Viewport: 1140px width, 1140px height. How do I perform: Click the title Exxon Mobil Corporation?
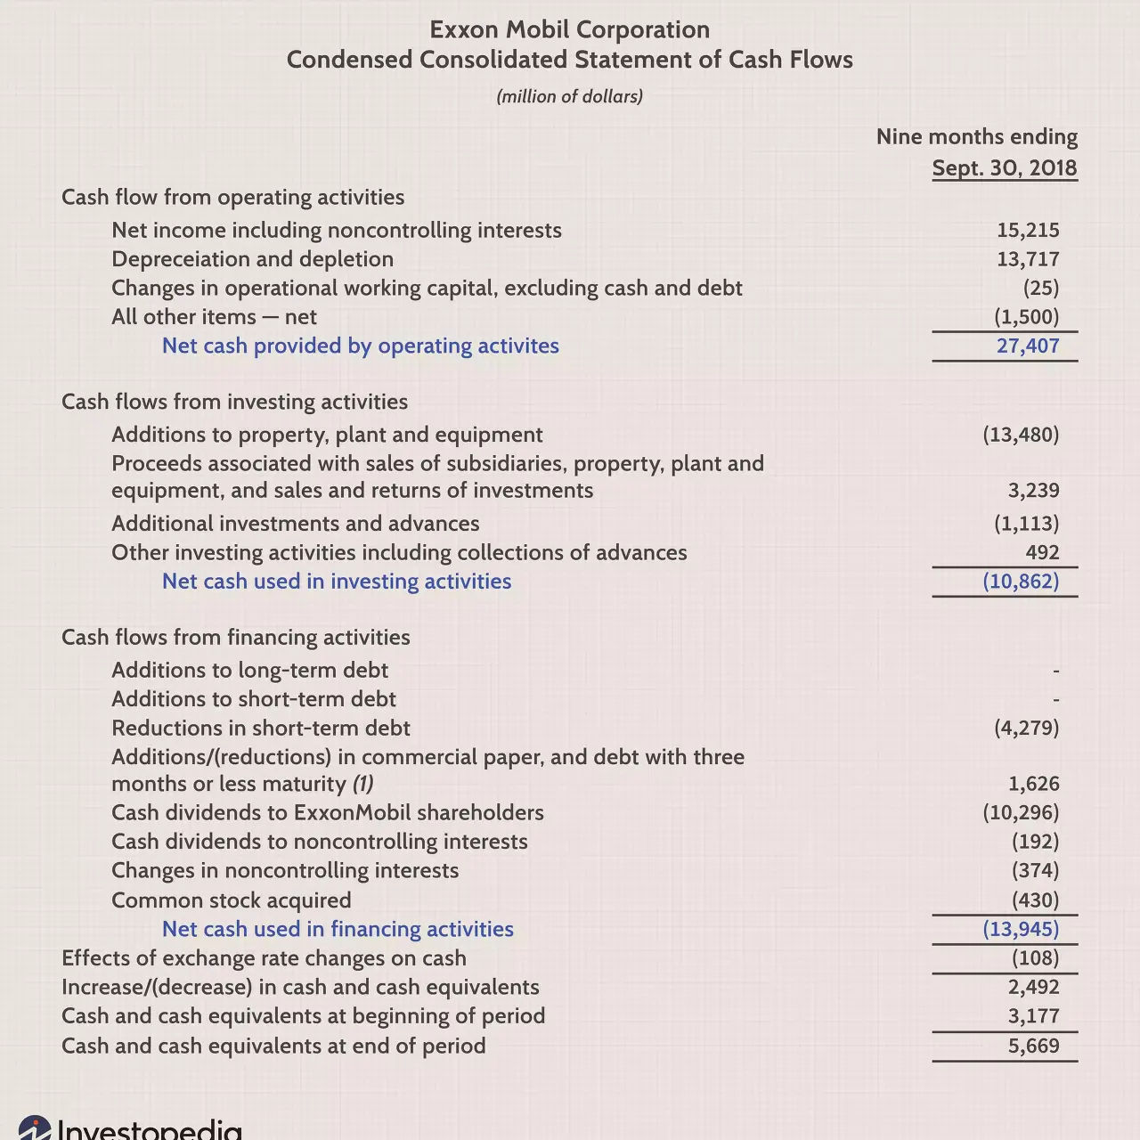[x=569, y=29]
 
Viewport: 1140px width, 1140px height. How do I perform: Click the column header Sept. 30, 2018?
[x=1005, y=167]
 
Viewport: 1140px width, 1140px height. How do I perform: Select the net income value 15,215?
[x=1028, y=230]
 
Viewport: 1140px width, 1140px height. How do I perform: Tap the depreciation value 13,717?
[x=1028, y=259]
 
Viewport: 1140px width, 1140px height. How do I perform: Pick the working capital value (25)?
[x=1040, y=288]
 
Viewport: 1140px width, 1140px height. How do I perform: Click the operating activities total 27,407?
[x=1028, y=346]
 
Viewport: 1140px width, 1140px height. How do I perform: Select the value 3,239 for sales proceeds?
[x=1033, y=490]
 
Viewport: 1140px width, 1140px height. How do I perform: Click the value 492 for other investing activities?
[x=1042, y=552]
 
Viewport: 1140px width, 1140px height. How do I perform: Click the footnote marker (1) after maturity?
[x=363, y=784]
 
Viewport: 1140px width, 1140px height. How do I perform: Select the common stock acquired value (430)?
[x=1035, y=900]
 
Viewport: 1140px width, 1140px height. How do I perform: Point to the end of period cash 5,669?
[x=1033, y=1046]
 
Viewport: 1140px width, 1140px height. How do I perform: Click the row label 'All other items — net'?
[x=214, y=317]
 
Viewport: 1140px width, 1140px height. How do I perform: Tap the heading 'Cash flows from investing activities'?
[x=234, y=402]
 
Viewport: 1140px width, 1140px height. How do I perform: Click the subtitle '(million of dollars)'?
[x=569, y=96]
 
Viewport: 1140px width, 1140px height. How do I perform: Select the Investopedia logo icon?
[x=35, y=1128]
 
